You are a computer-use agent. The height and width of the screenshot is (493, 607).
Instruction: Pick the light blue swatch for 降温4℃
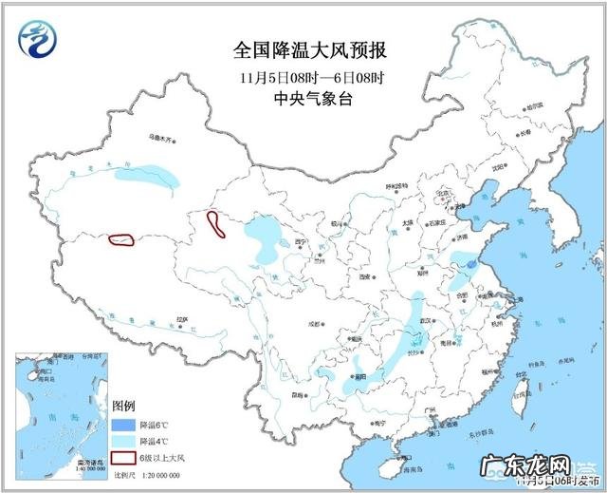coord(124,442)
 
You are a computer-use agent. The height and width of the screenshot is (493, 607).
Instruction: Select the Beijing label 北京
coord(439,193)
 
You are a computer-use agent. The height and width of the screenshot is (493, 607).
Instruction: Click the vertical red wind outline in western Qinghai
coord(216,224)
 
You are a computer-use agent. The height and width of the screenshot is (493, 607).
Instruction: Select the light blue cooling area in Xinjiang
coord(147,175)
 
